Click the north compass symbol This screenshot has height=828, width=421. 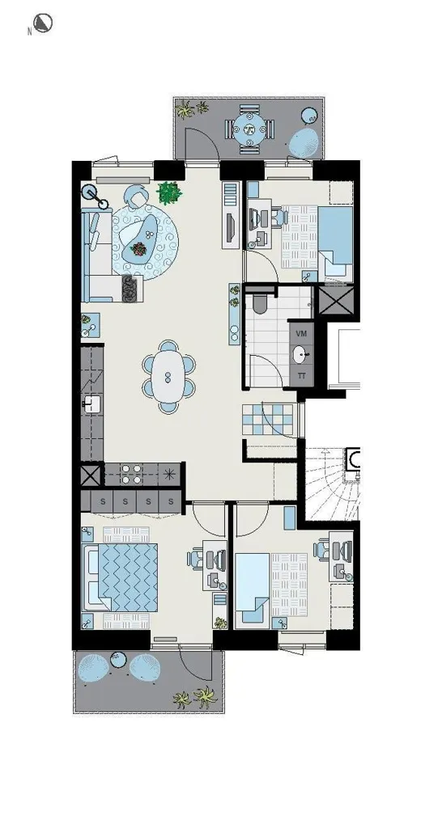pyautogui.click(x=42, y=23)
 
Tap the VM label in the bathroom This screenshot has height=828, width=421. pyautogui.click(x=301, y=334)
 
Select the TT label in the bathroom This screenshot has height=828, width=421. pyautogui.click(x=301, y=376)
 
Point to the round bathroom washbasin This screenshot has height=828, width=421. pyautogui.click(x=301, y=354)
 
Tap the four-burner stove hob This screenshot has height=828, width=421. pyautogui.click(x=130, y=474)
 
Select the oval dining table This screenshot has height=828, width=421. pyautogui.click(x=168, y=377)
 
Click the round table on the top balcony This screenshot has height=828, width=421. pyautogui.click(x=249, y=129)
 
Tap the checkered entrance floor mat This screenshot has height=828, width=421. pyautogui.click(x=268, y=420)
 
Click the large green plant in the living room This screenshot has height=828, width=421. pyautogui.click(x=169, y=192)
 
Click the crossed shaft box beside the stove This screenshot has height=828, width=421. pyautogui.click(x=91, y=475)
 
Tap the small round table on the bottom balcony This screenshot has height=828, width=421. pyautogui.click(x=117, y=659)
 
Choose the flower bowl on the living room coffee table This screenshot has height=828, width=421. pyautogui.click(x=139, y=248)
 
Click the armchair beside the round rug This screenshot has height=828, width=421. pyautogui.click(x=137, y=197)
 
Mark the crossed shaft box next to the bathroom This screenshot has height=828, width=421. pyautogui.click(x=335, y=299)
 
